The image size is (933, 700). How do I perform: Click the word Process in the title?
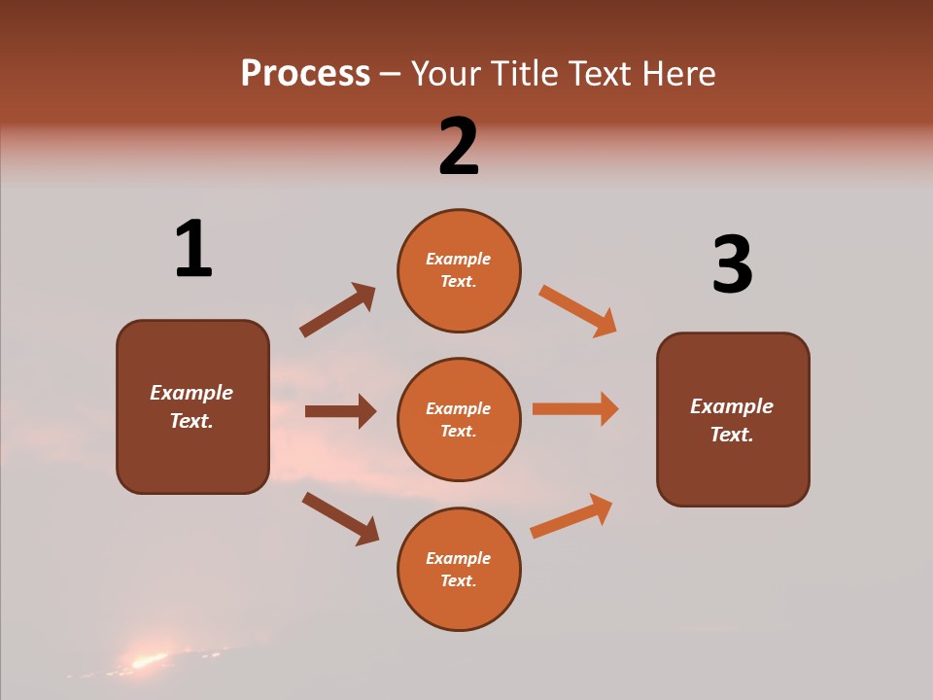[x=305, y=74]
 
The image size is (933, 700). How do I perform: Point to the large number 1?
[x=193, y=250]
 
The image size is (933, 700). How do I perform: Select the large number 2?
[x=459, y=147]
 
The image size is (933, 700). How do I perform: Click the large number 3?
[x=732, y=265]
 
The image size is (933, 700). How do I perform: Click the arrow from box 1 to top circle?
[x=337, y=310]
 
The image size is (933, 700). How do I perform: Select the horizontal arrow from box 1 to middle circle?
[x=340, y=411]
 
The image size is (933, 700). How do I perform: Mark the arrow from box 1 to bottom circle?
[x=340, y=517]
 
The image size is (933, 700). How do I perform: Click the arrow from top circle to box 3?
[x=578, y=310]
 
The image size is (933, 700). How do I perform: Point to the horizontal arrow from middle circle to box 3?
[x=575, y=408]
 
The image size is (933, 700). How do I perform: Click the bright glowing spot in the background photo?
[x=149, y=661]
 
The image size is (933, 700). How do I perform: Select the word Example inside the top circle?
[x=459, y=259]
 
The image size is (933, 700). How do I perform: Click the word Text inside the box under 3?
[x=732, y=435]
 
